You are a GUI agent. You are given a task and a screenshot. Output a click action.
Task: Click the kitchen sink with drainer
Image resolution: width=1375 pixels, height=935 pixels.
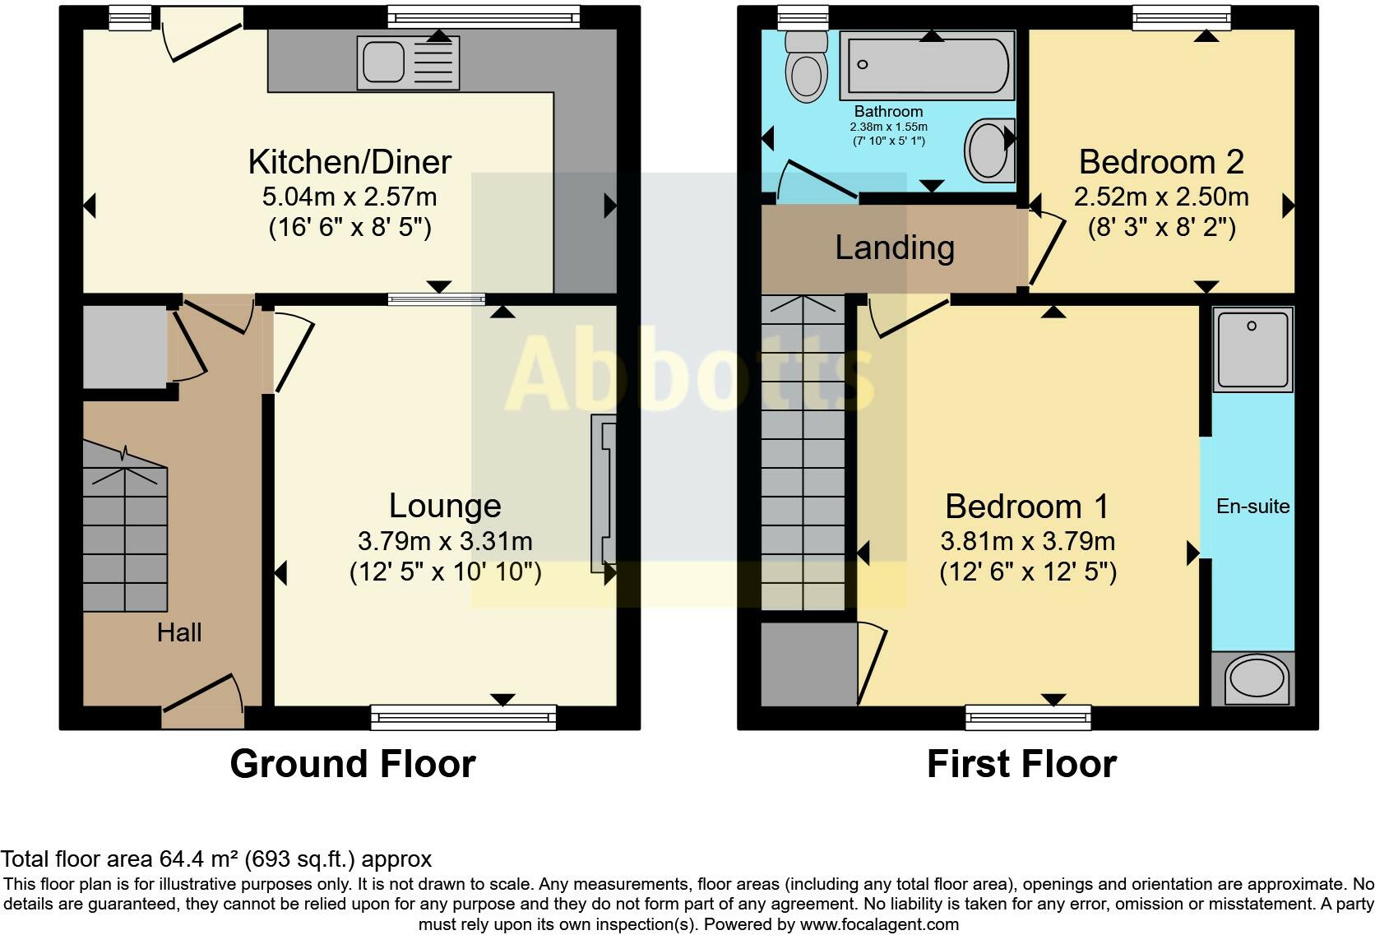407,62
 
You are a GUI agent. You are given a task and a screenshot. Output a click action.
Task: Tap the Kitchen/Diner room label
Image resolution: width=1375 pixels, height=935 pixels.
350,162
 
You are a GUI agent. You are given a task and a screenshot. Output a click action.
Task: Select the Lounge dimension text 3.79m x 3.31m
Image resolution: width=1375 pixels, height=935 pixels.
445,541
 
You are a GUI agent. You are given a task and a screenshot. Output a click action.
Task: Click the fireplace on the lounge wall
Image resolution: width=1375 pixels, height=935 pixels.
604,493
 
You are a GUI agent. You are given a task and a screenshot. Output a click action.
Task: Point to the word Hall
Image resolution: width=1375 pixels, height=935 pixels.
179,632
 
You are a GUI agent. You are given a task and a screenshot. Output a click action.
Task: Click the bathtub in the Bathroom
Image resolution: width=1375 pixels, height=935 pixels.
927,65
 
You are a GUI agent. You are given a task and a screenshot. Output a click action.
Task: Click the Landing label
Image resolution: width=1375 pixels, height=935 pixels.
895,248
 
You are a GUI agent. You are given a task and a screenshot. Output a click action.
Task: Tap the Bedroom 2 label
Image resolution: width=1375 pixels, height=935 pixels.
1160,162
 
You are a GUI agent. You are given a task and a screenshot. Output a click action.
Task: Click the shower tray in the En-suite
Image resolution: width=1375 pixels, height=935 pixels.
1252,349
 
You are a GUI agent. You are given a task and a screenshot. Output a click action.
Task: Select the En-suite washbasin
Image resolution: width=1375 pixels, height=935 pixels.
1253,679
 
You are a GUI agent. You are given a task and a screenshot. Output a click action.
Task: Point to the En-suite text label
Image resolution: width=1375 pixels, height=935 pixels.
1252,507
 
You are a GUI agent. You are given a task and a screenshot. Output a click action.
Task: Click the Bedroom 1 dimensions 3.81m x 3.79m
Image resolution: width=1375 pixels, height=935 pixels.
1027,541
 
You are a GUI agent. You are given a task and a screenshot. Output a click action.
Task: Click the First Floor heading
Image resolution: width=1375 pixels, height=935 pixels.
1021,764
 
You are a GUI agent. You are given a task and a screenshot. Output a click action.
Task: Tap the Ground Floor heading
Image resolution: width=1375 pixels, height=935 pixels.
353,764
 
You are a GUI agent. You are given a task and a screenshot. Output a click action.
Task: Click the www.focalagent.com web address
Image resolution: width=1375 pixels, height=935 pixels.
879,923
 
